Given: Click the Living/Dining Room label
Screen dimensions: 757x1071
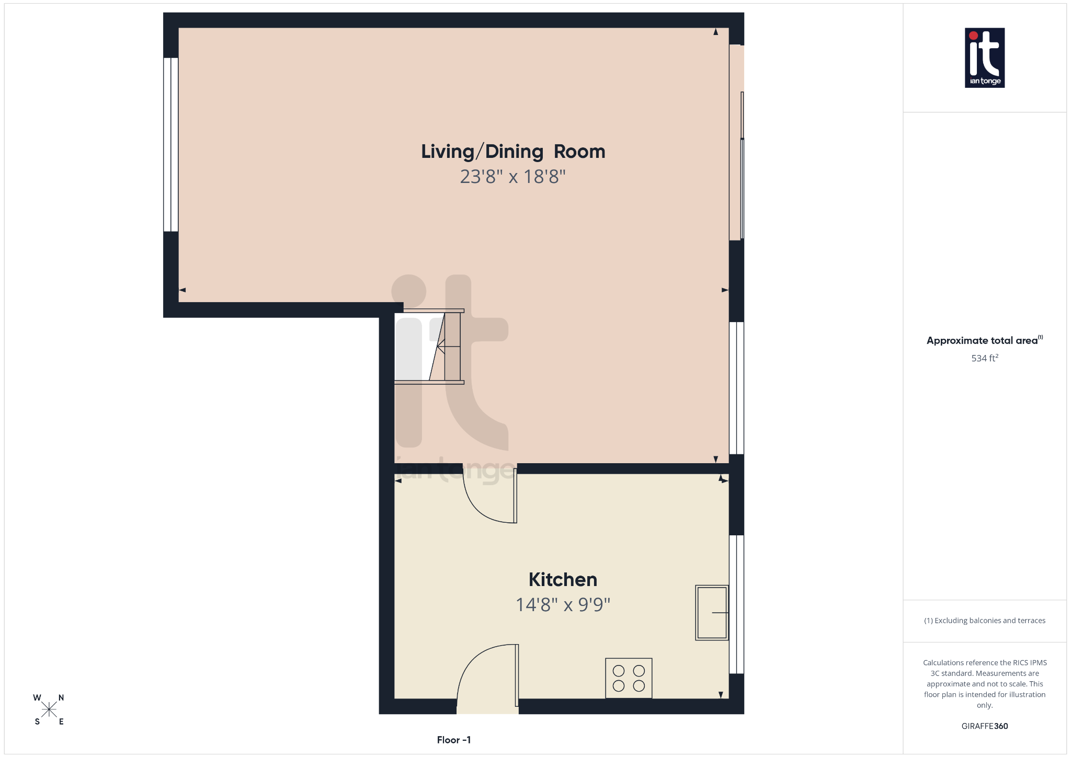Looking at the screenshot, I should click(x=513, y=152).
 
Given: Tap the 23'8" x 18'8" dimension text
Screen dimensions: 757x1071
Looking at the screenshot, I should click(x=512, y=177).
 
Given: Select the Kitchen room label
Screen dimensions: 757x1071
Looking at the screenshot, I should click(x=563, y=580).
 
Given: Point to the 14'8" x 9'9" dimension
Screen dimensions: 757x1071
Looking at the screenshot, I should click(x=563, y=605).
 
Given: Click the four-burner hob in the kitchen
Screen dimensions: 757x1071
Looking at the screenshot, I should click(x=629, y=678).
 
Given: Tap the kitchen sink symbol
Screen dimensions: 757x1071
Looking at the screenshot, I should click(x=712, y=612).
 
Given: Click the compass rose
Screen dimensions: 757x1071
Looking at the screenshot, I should click(x=49, y=709).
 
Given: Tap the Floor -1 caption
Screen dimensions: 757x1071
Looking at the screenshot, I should click(x=454, y=740).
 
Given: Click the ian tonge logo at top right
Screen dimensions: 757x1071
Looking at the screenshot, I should click(x=985, y=58).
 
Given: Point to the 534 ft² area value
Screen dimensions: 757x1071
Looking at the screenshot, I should click(x=985, y=358).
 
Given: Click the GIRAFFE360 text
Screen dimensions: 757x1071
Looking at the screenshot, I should click(x=985, y=726).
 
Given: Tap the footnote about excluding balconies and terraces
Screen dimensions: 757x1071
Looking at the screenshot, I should click(x=985, y=621).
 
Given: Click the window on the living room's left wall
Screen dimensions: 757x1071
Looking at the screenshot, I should click(x=171, y=144).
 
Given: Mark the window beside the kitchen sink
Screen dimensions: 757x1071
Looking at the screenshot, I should click(x=736, y=604).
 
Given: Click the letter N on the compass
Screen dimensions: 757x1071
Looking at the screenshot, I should click(x=61, y=697).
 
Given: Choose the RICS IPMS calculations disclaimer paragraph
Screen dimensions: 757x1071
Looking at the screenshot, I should click(x=985, y=684).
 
